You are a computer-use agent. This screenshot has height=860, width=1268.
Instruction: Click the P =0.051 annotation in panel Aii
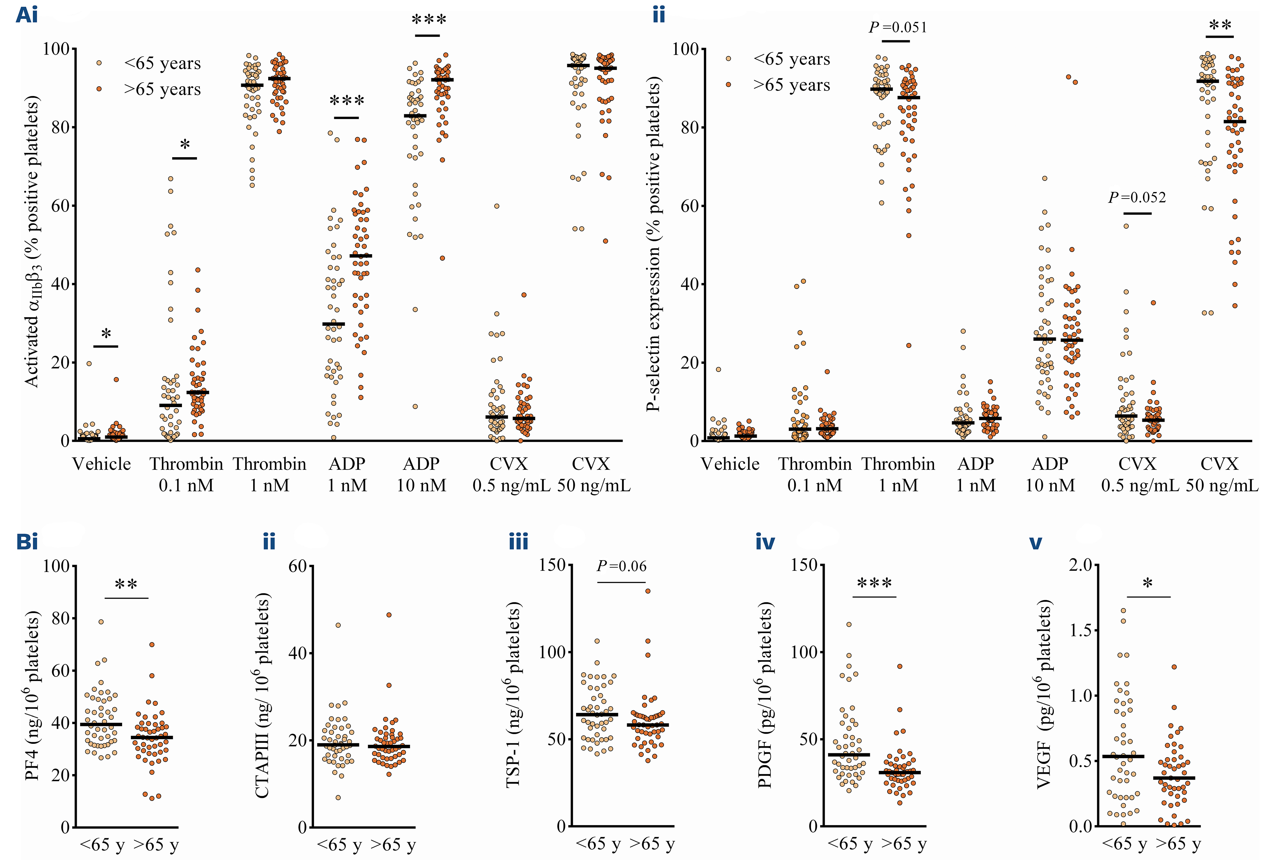898,27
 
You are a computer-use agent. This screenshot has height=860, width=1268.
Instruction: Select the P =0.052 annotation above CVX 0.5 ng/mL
1137,198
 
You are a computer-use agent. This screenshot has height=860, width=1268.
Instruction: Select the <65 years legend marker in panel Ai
99,63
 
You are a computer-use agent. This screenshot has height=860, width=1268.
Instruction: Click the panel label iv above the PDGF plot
765,542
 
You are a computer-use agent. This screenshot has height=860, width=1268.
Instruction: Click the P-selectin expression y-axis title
654,244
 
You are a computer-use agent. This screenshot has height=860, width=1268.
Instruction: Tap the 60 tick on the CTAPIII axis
298,566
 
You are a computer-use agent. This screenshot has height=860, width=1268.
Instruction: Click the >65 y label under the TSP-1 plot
652,844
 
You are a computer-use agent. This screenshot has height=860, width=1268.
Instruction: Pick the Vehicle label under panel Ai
102,464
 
